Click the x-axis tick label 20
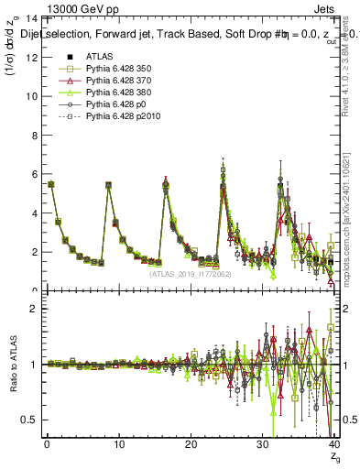click(191, 445)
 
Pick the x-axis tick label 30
click(263, 445)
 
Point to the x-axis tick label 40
click(334, 445)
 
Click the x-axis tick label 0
click(47, 445)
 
